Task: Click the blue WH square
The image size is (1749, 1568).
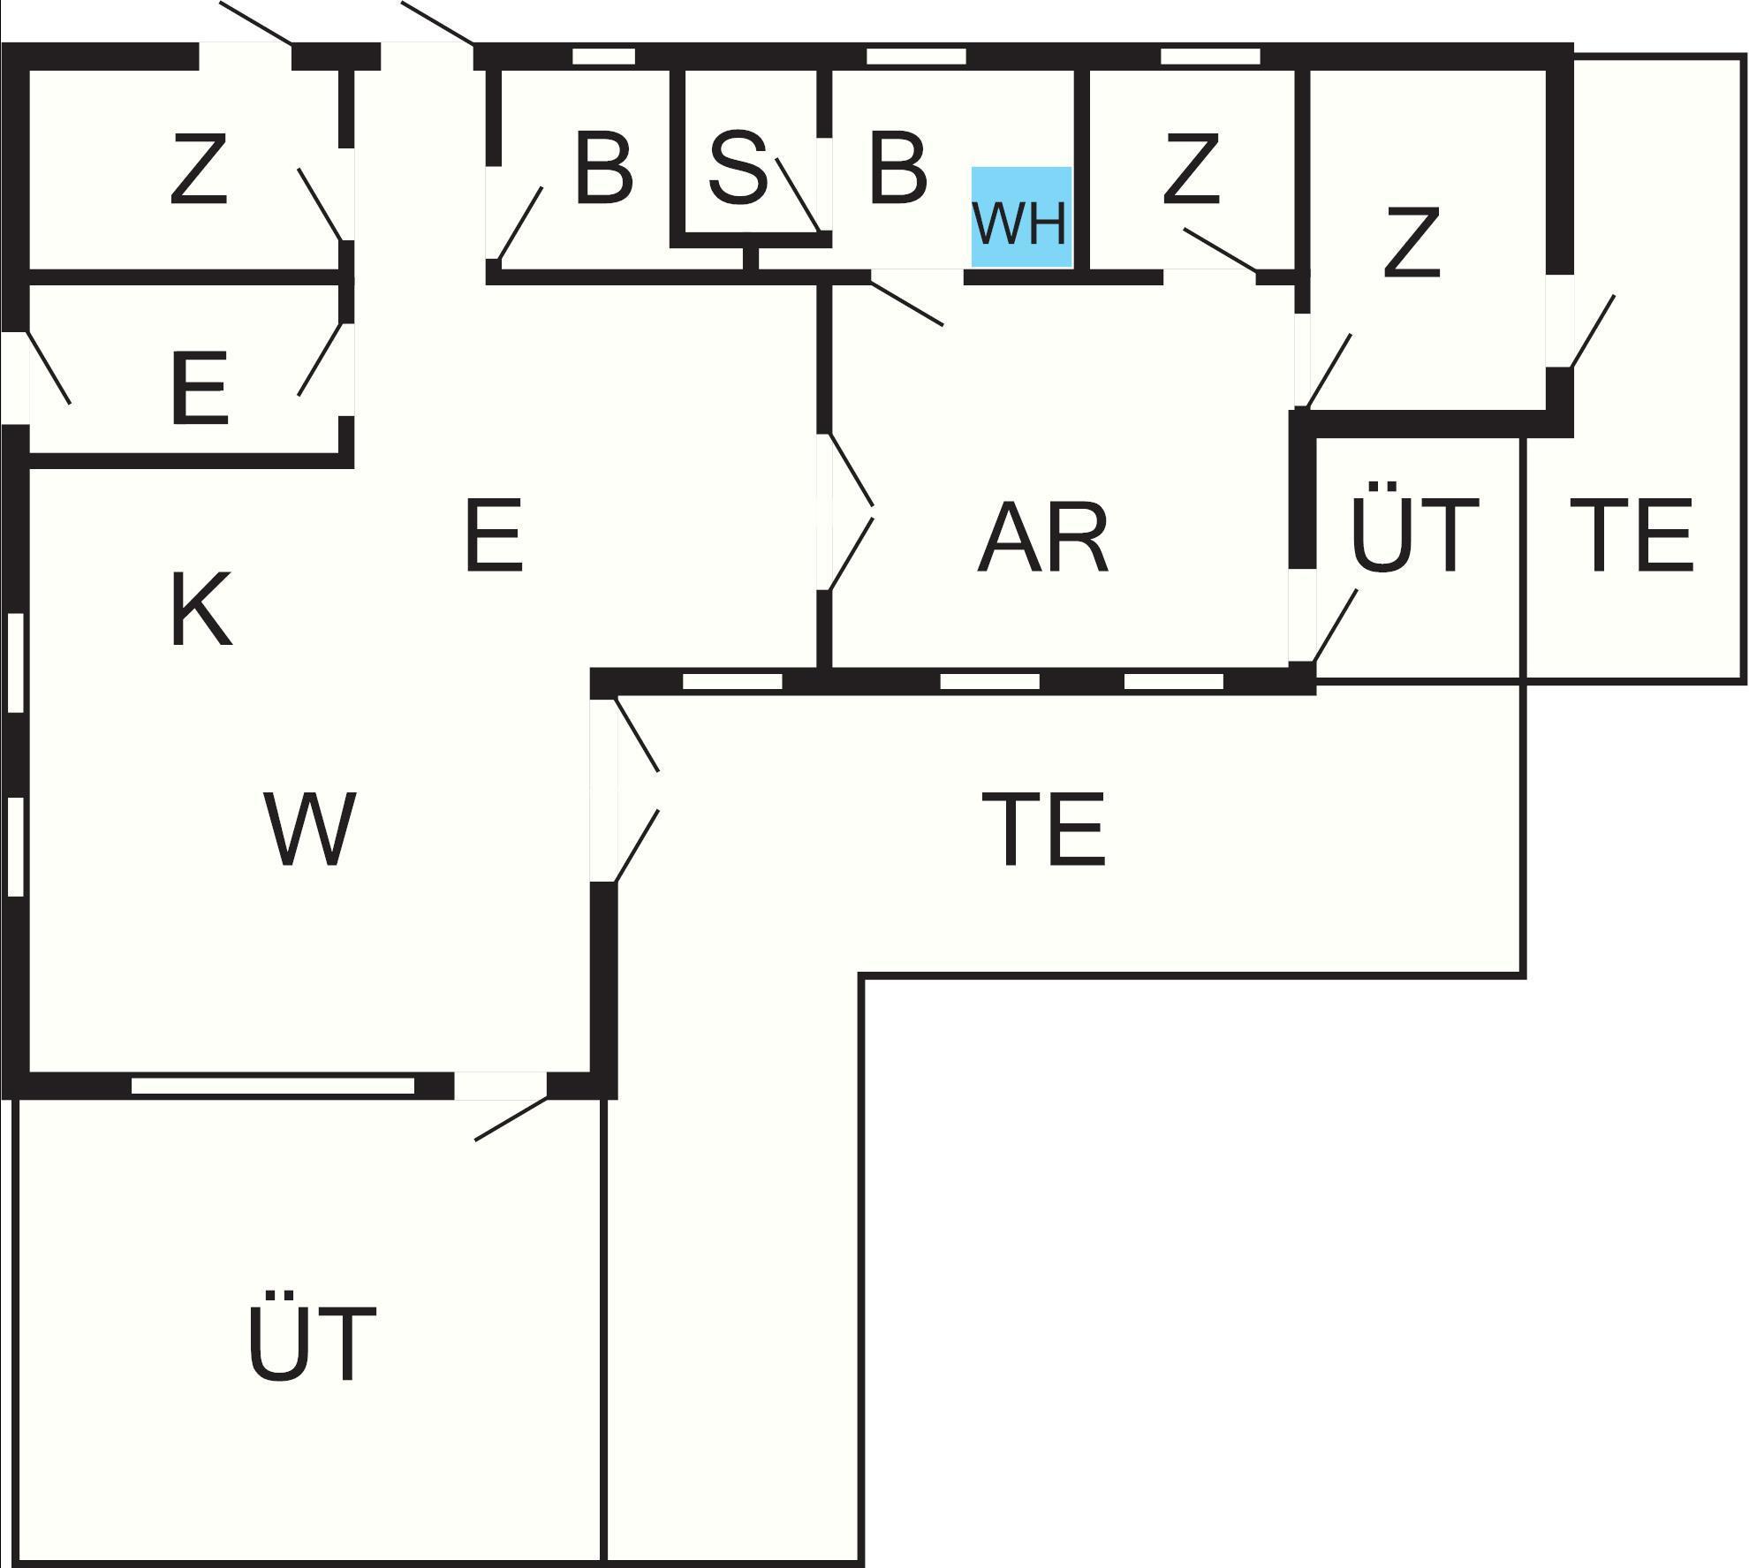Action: tap(1021, 217)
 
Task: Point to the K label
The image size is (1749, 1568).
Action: tap(201, 610)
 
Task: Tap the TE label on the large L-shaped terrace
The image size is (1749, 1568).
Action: tap(1042, 829)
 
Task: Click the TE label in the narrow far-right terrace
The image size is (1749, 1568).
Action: tap(1631, 535)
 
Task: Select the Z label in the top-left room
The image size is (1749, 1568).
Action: tap(199, 169)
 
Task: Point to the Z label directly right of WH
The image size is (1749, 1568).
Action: tap(1191, 169)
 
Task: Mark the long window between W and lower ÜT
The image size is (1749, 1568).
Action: tap(272, 1086)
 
